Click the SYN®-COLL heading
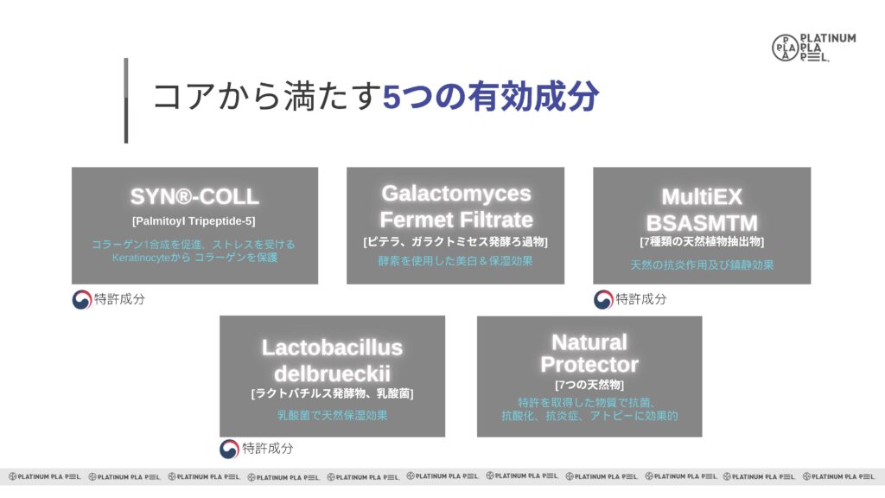coord(194,196)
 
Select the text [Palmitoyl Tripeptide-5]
coord(194,220)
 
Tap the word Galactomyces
coord(456,194)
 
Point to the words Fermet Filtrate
coord(456,219)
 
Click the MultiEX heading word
coord(702,196)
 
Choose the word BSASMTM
coord(702,222)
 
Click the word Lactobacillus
coord(332,348)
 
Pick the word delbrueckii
coord(332,373)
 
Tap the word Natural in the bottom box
coord(589,342)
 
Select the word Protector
coord(589,365)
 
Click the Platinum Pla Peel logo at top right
coord(813,48)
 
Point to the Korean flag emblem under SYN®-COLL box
coord(82,299)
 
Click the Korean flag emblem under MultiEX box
coord(603,299)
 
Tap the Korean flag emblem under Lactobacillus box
coord(229,449)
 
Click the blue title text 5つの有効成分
coord(491,96)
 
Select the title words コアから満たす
coord(268,96)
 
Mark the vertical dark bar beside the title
coord(126,100)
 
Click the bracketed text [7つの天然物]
coord(589,385)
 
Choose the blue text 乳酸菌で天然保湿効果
coord(332,416)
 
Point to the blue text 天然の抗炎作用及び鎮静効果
coord(702,265)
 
